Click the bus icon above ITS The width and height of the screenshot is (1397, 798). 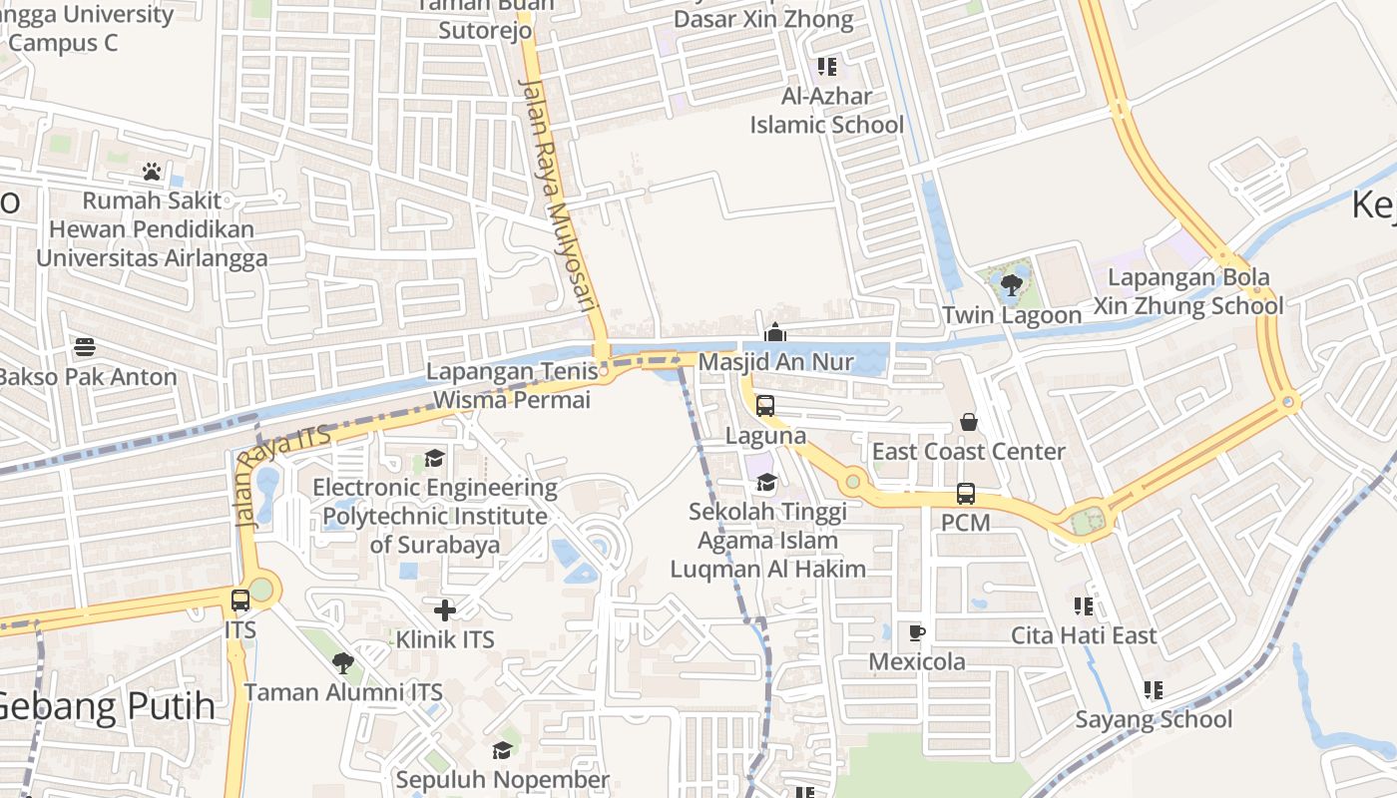[x=240, y=600]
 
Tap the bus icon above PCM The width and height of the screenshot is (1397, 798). [x=965, y=493]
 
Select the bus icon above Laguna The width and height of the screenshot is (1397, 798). [x=765, y=406]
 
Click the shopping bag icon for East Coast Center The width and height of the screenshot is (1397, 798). [x=968, y=423]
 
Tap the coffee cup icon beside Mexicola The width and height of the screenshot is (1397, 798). [x=916, y=632]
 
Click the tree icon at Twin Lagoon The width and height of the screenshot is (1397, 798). [x=1011, y=285]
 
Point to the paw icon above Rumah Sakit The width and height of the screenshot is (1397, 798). [x=152, y=172]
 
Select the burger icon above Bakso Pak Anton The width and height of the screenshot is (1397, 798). [x=85, y=347]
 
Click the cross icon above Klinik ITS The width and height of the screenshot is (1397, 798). [x=445, y=609]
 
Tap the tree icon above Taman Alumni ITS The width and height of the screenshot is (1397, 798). [x=342, y=662]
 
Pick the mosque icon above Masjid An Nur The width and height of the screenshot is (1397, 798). [x=775, y=332]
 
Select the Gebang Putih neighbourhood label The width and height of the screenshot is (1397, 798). [x=106, y=706]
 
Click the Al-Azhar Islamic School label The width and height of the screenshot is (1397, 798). [x=826, y=111]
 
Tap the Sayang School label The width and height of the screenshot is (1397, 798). [x=1154, y=719]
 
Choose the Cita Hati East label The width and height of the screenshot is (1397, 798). [x=1084, y=635]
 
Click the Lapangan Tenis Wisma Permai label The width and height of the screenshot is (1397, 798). [x=511, y=386]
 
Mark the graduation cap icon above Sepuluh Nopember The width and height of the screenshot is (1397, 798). [x=502, y=750]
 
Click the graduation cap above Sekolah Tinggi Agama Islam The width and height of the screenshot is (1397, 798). [x=766, y=483]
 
